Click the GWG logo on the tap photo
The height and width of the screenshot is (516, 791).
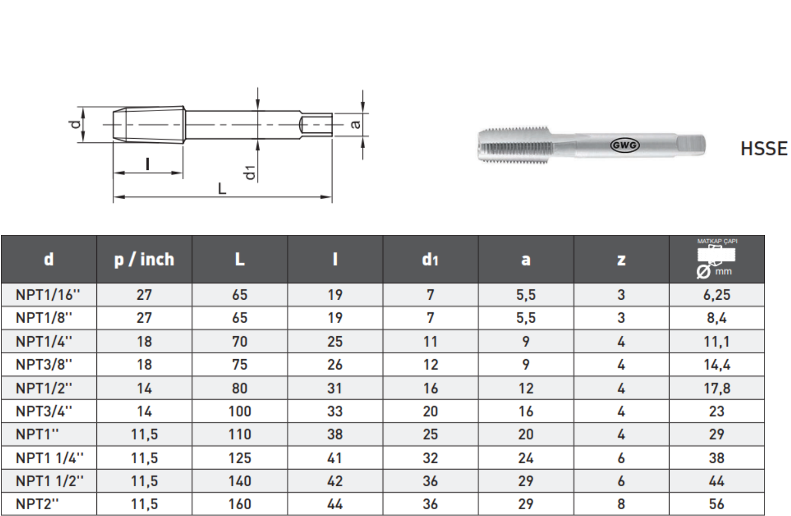click(x=624, y=145)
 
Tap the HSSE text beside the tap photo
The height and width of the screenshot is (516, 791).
click(x=763, y=149)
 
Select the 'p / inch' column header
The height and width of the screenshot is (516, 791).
click(x=144, y=259)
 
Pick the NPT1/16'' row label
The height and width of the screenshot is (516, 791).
click(x=48, y=295)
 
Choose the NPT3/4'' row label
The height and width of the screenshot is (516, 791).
click(x=44, y=411)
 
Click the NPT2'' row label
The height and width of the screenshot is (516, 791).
click(x=37, y=504)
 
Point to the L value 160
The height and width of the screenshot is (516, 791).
click(x=239, y=504)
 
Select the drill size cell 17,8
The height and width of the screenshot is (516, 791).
click(x=716, y=388)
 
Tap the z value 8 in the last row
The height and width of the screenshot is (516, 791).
click(x=620, y=504)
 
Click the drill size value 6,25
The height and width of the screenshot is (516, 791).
click(x=716, y=295)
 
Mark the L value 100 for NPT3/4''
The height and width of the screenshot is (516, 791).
click(x=239, y=411)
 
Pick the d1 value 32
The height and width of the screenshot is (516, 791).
click(x=430, y=458)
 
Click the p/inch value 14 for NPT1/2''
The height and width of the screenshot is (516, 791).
click(x=144, y=388)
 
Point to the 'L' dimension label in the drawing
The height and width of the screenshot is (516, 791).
click(x=222, y=188)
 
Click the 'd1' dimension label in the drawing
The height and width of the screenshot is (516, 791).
click(x=250, y=172)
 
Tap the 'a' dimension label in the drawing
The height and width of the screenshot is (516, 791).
click(x=355, y=124)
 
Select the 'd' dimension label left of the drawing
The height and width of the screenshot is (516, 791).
click(x=76, y=124)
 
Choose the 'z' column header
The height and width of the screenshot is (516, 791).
click(x=620, y=259)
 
